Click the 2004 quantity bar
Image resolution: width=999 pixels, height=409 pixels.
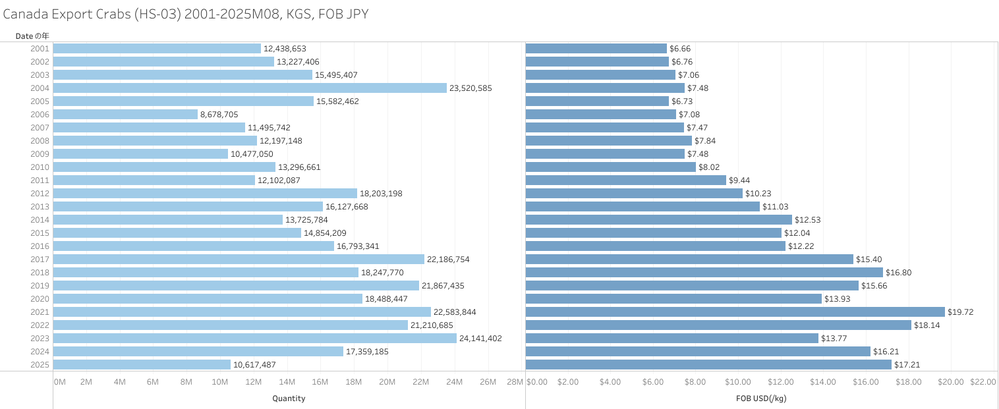click(250, 88)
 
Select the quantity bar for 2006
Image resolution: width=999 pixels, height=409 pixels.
click(125, 115)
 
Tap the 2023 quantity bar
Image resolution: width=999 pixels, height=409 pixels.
click(254, 339)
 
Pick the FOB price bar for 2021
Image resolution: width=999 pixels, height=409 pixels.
click(735, 312)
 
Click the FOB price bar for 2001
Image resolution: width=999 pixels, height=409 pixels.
click(596, 49)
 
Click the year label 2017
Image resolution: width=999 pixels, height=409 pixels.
click(40, 259)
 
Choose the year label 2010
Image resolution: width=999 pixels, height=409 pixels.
click(40, 167)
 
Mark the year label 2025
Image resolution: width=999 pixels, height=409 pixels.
click(40, 365)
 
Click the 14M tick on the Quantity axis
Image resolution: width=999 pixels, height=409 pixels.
click(287, 382)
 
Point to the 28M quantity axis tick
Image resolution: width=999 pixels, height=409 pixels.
click(515, 382)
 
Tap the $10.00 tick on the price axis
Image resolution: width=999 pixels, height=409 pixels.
click(737, 382)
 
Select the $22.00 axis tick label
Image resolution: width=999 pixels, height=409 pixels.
click(983, 382)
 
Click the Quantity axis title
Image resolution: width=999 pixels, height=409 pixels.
click(289, 398)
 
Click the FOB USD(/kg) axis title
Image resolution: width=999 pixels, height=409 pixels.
click(761, 398)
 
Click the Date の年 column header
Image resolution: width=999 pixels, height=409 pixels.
click(32, 36)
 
